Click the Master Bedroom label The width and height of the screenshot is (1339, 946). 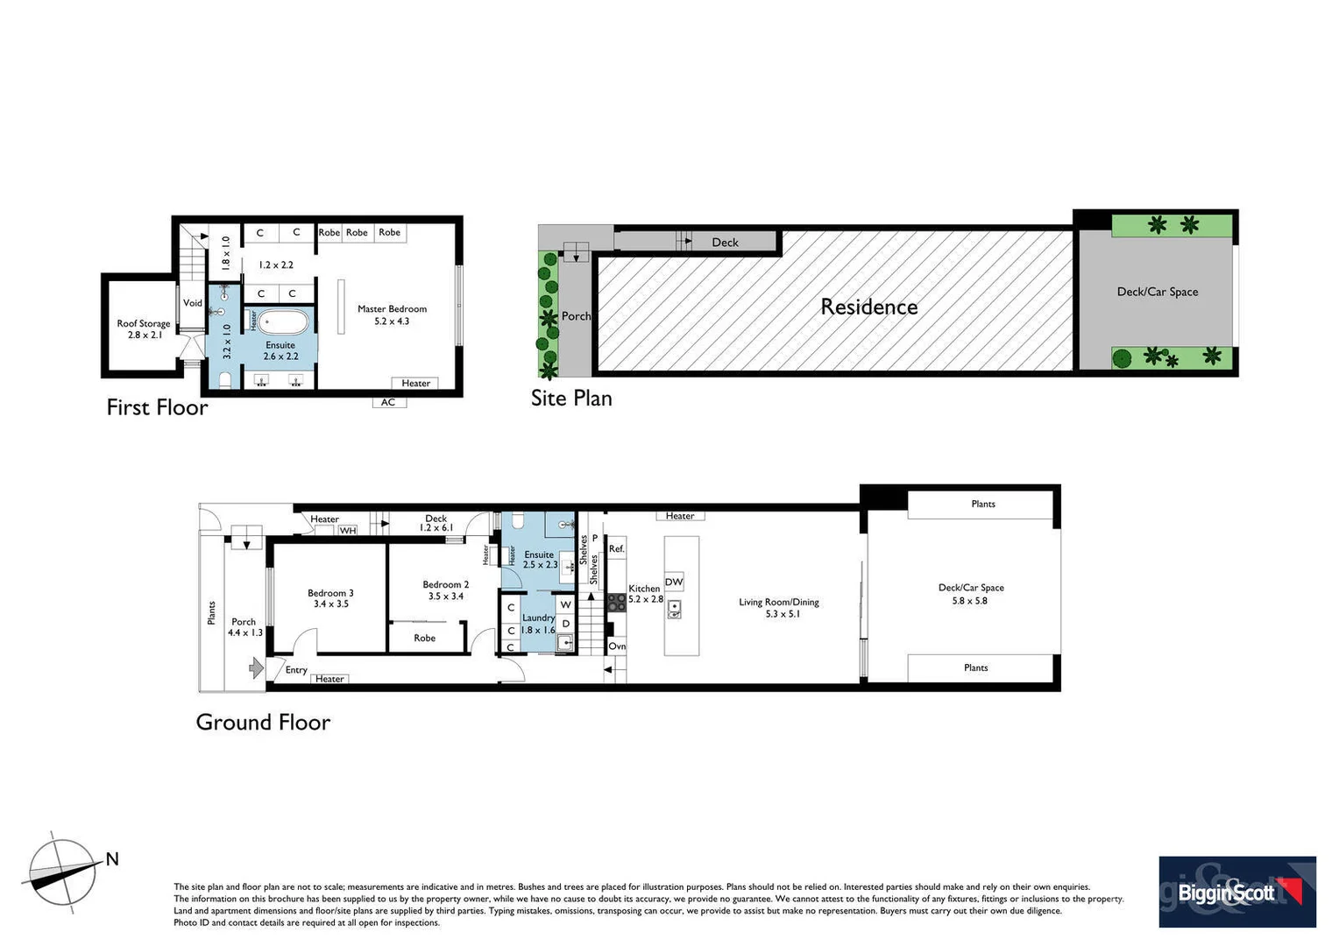[x=392, y=314]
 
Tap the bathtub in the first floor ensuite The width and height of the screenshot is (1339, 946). [x=280, y=322]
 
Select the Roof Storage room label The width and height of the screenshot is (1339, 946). [x=144, y=328]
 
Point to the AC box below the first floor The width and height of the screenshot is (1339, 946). [x=388, y=402]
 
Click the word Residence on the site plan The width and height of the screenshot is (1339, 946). [x=868, y=307]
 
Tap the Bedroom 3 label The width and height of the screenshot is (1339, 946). [x=330, y=598]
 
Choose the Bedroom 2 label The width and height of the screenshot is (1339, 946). [x=445, y=589]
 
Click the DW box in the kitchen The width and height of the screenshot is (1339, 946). [x=673, y=582]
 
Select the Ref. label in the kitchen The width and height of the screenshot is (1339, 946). [x=616, y=549]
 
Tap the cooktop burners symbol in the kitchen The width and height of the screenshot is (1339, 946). [x=616, y=601]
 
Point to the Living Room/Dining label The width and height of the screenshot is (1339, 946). [x=778, y=607]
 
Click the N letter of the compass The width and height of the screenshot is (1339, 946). [x=112, y=859]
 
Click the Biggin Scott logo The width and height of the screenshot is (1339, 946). [x=1236, y=892]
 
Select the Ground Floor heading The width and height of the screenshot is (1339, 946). [x=263, y=722]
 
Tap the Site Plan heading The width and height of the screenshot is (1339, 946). [x=571, y=398]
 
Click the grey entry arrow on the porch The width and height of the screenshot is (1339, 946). [x=256, y=668]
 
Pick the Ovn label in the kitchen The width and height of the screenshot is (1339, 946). [x=617, y=646]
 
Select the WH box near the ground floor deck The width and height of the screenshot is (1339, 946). [x=348, y=530]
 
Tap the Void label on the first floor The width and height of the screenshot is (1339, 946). [x=192, y=303]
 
